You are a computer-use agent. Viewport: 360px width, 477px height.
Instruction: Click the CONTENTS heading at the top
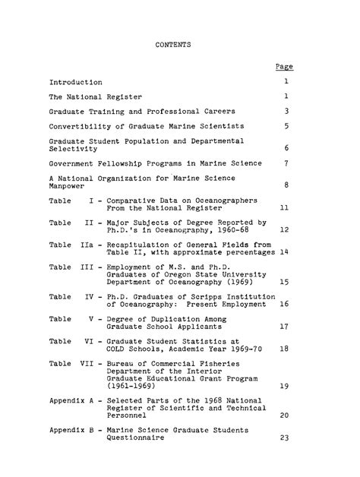tap(172, 46)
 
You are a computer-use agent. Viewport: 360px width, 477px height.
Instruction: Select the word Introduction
tap(77, 81)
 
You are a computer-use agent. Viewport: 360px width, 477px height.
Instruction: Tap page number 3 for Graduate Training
tap(286, 111)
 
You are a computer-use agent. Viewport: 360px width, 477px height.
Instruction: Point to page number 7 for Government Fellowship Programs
tap(286, 163)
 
